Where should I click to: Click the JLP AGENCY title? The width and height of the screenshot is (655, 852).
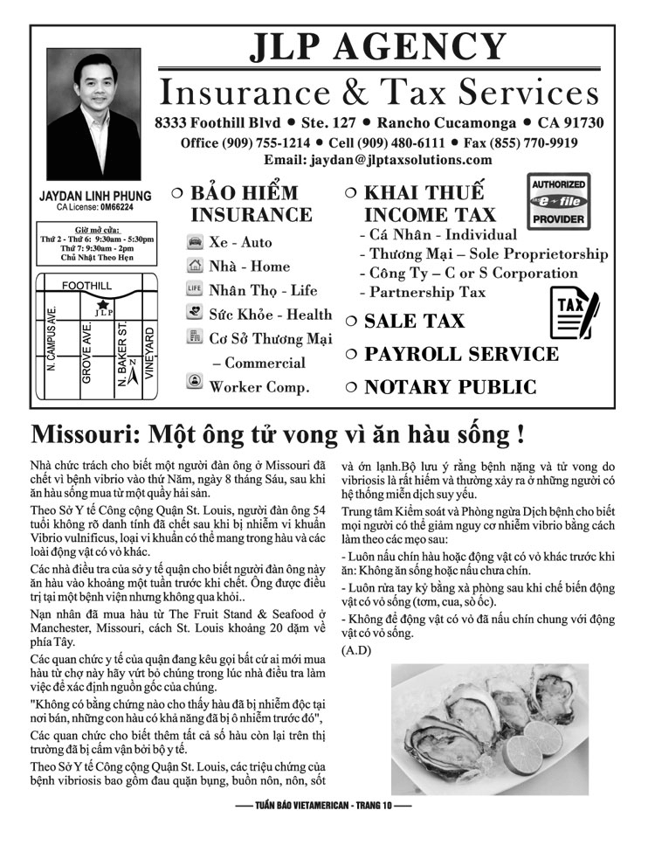[377, 48]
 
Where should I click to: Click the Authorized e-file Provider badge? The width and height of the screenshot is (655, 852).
[559, 202]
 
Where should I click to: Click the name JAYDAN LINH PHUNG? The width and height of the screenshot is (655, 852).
[95, 197]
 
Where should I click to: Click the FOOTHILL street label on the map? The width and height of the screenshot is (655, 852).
[86, 286]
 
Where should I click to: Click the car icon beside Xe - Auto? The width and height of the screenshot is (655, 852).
[195, 242]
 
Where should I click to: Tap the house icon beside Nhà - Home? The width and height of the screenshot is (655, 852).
[195, 266]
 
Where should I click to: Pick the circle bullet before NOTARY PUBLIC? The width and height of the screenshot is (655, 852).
[350, 386]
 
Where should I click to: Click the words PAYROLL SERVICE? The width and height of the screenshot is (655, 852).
[461, 354]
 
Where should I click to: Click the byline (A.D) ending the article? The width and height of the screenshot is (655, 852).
[357, 649]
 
